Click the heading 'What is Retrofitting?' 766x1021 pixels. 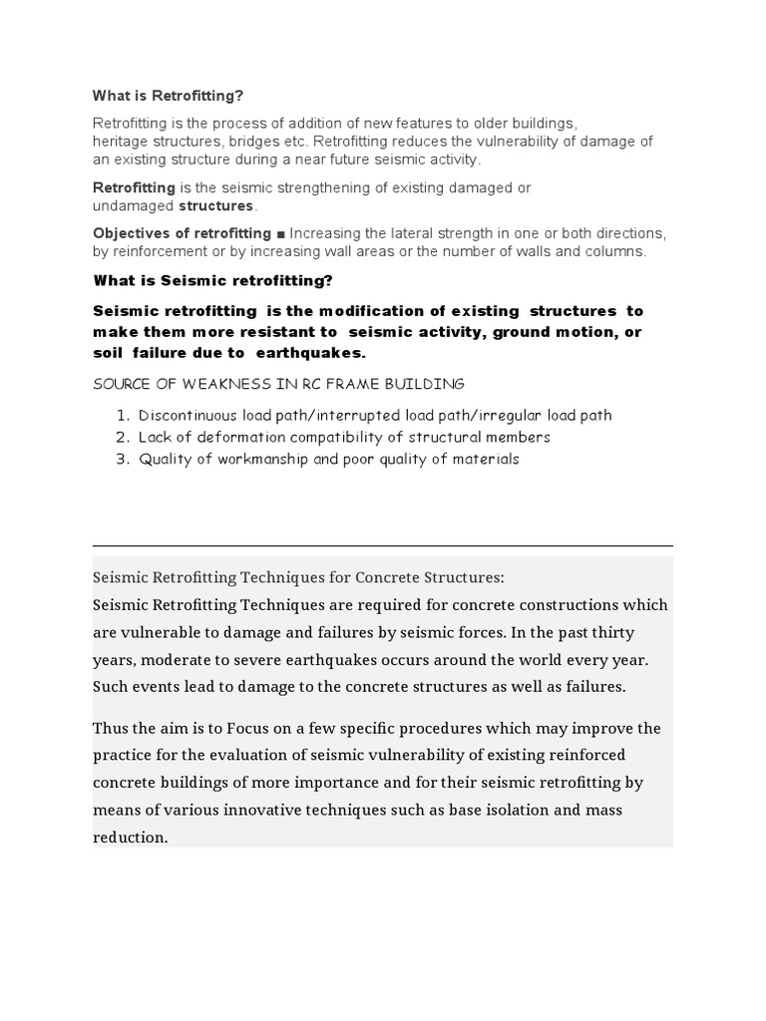click(168, 96)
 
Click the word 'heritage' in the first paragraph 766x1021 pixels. click(121, 142)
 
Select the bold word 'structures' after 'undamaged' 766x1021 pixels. click(216, 205)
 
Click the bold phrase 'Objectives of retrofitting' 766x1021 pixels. click(182, 233)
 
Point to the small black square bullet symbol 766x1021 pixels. click(281, 233)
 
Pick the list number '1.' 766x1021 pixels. click(124, 415)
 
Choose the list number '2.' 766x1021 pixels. click(124, 437)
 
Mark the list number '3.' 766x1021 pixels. click(124, 459)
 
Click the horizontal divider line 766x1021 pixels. click(383, 546)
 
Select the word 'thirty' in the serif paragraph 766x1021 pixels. click(611, 633)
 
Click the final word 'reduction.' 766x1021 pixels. click(131, 838)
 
